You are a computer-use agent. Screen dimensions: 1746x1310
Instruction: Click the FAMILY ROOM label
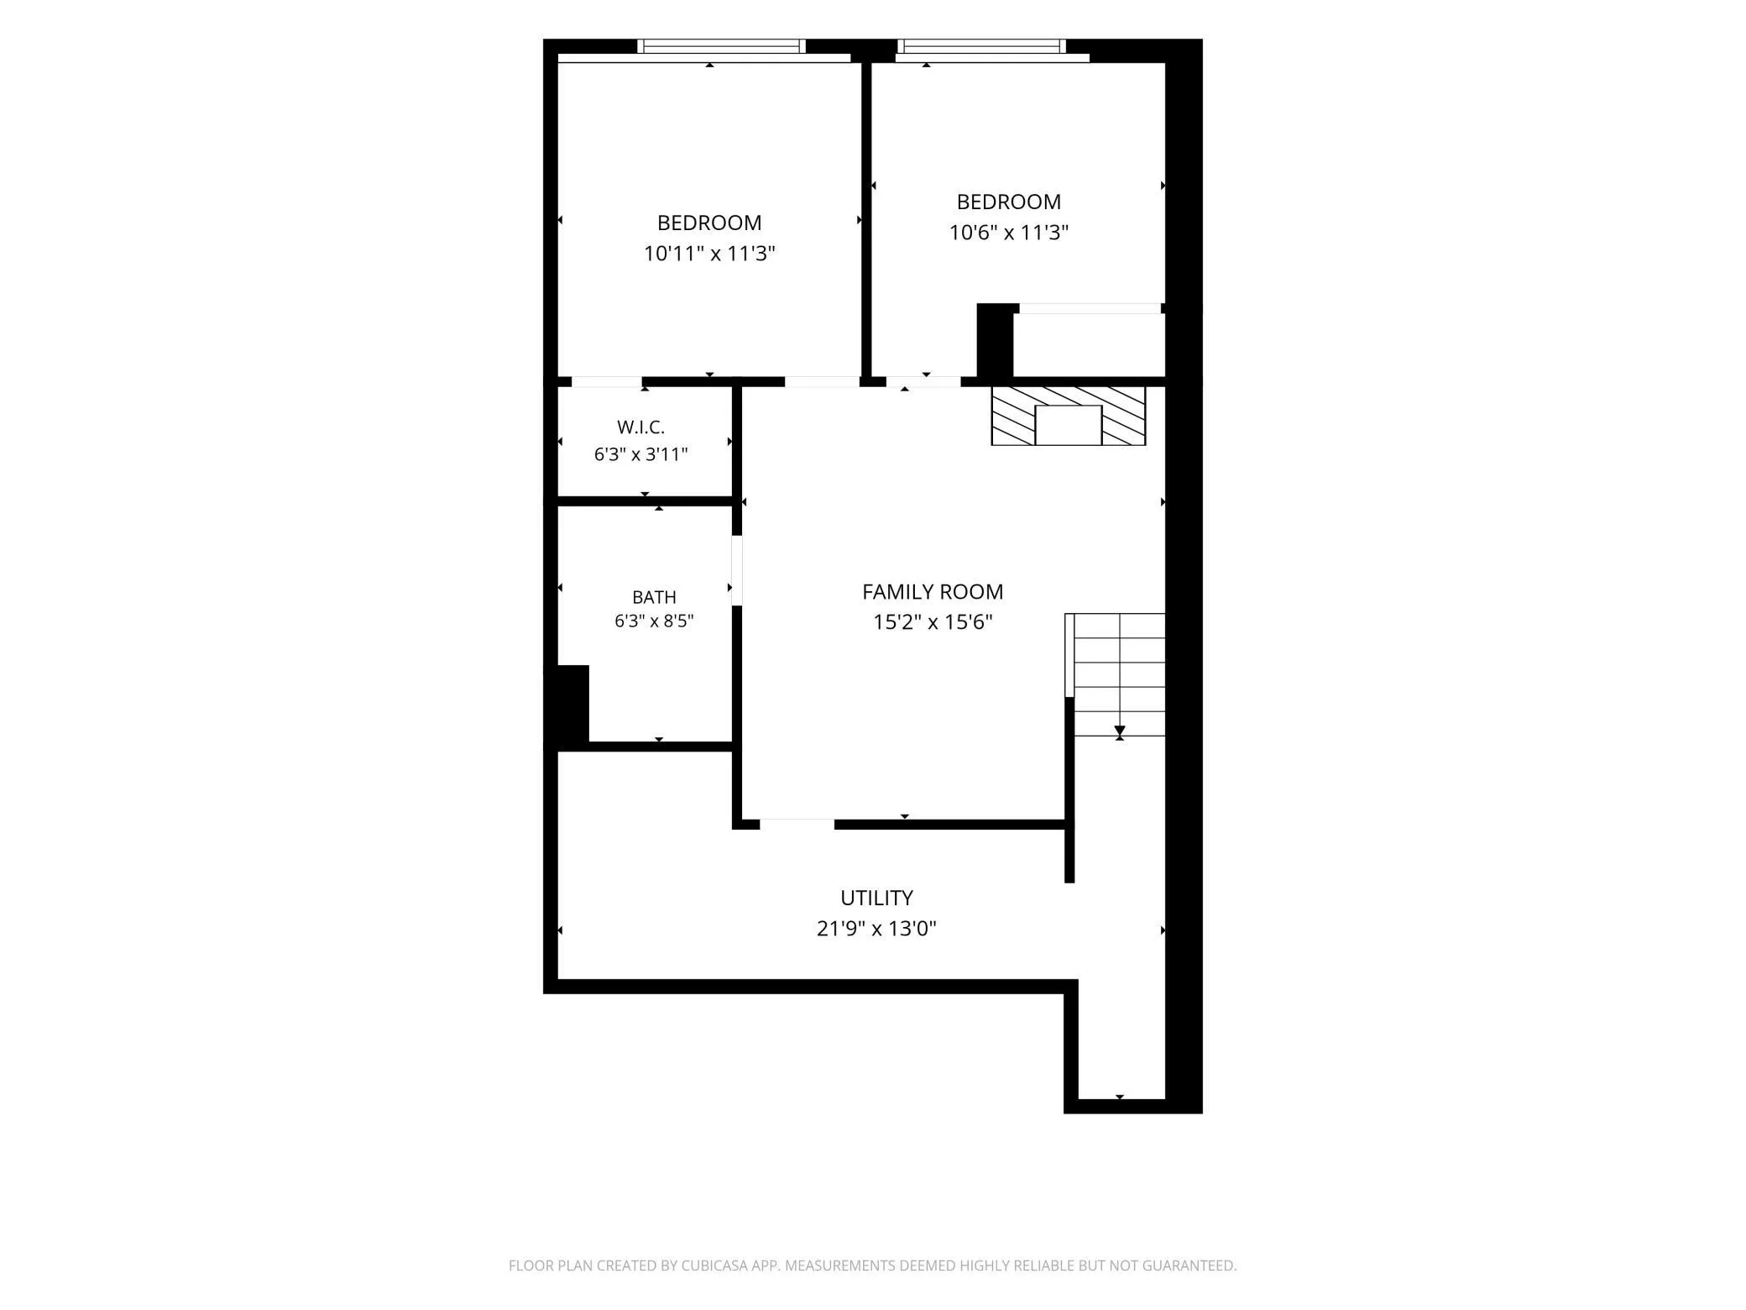point(933,592)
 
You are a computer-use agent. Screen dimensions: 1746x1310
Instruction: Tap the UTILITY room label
point(876,898)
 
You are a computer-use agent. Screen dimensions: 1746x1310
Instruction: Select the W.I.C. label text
point(641,427)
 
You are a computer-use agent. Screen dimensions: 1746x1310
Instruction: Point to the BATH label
point(654,597)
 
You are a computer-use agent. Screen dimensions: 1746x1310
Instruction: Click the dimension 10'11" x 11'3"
point(709,253)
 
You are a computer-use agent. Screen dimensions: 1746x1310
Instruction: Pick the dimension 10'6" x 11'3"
point(1009,232)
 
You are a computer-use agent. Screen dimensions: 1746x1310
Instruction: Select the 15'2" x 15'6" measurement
point(933,622)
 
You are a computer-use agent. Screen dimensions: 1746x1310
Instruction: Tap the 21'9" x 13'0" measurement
point(876,929)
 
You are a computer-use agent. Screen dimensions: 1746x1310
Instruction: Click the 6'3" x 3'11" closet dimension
point(641,454)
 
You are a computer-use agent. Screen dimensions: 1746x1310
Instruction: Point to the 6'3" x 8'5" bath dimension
point(654,621)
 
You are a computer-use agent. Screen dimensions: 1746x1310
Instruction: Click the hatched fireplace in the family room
point(1069,416)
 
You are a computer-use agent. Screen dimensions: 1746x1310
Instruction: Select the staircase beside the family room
point(1116,674)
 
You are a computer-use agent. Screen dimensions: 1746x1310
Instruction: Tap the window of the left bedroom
point(721,46)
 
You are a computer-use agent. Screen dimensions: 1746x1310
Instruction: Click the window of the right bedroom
point(981,46)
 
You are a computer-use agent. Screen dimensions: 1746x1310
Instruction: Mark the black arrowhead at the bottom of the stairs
point(1120,731)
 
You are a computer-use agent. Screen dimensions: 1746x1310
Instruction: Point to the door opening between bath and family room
point(737,571)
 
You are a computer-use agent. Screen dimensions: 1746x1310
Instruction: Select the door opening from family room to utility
point(797,825)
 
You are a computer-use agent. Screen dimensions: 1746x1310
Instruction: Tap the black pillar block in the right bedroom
point(996,340)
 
